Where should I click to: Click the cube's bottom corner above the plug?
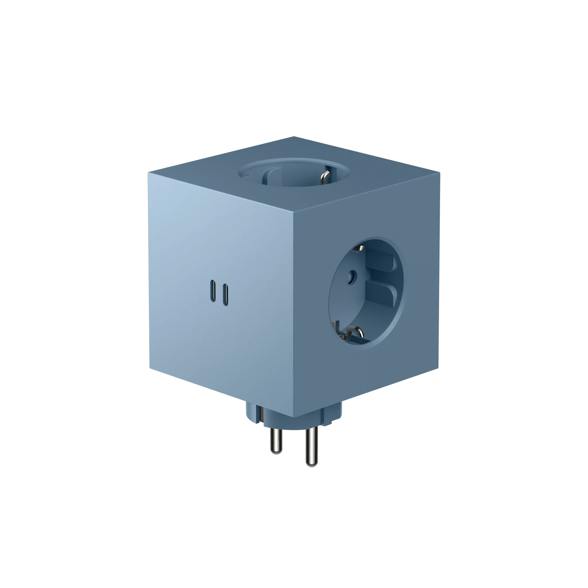294,417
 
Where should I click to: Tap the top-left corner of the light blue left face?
148,172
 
